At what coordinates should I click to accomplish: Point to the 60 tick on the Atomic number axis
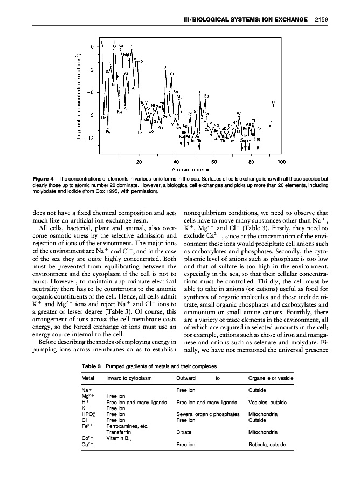(214, 161)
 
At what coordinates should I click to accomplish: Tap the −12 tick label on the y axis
(89, 138)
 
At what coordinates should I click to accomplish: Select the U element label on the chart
(273, 101)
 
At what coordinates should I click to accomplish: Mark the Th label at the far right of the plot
(270, 122)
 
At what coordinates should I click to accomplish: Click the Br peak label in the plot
(165, 67)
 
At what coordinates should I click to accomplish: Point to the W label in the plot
(238, 113)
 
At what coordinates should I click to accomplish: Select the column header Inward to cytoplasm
(128, 378)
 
